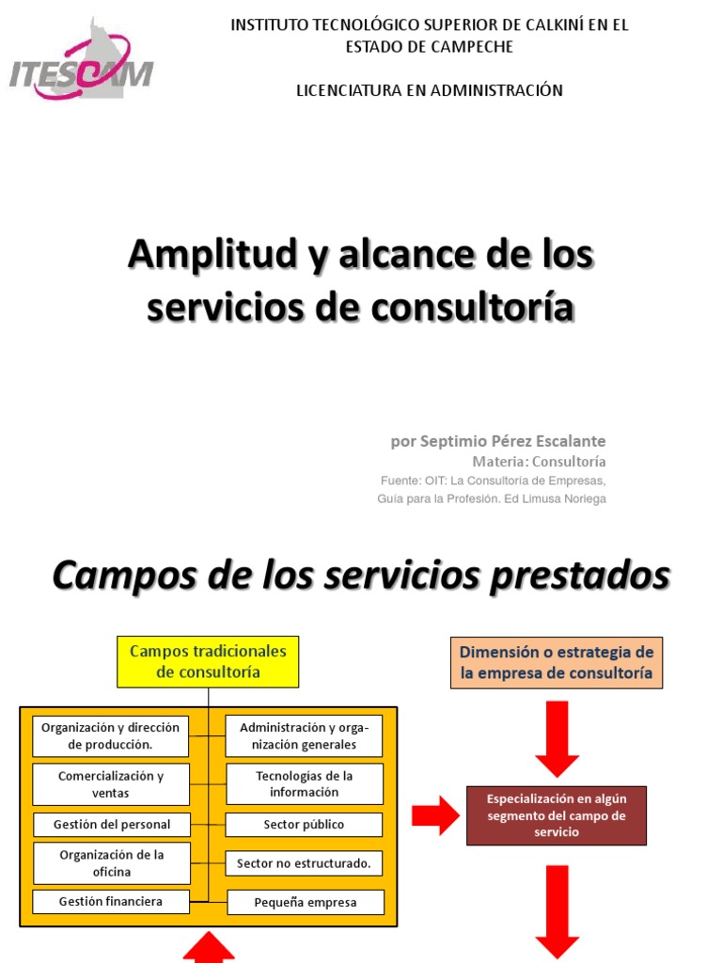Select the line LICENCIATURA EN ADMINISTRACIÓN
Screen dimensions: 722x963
tap(430, 90)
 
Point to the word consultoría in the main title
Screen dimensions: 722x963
tap(485, 308)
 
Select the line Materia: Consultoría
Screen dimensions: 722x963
tap(539, 462)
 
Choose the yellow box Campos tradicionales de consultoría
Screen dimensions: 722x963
tap(208, 661)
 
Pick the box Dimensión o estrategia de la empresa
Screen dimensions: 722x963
tap(557, 662)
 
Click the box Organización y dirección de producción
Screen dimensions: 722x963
tap(111, 735)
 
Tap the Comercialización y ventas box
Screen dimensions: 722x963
tap(111, 784)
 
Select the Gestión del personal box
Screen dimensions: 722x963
tap(112, 825)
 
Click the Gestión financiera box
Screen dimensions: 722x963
tap(111, 901)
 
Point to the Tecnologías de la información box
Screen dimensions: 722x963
tap(304, 784)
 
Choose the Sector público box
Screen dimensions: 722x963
tap(304, 825)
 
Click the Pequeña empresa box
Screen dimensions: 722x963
tap(306, 903)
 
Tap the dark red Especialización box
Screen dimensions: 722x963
tap(557, 815)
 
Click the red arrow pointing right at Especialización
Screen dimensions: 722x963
tap(435, 815)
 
